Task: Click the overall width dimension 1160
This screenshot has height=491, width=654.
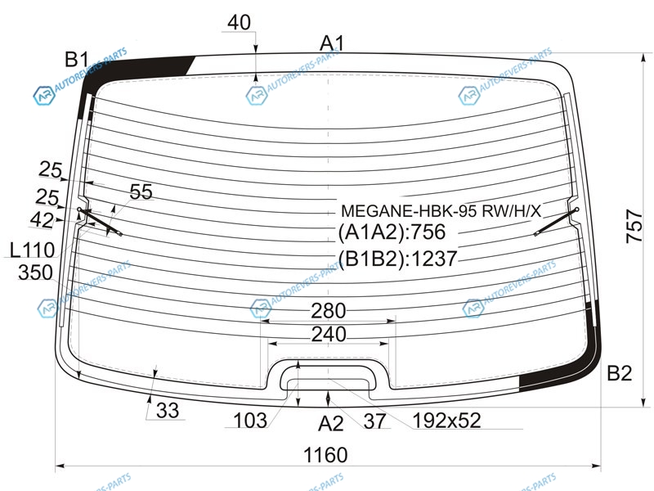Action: tap(325, 455)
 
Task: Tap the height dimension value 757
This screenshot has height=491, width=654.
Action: tap(634, 227)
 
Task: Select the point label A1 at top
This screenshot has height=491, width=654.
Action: tap(333, 43)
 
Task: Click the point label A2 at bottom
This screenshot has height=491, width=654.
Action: tap(331, 424)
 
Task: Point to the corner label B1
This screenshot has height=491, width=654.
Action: tap(77, 59)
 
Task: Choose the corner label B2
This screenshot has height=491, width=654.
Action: tap(620, 373)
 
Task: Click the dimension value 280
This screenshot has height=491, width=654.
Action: tap(329, 311)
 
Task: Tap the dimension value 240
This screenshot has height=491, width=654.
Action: tap(329, 334)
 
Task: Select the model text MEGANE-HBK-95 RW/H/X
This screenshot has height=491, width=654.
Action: tap(441, 211)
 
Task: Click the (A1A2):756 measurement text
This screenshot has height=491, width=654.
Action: tap(392, 232)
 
